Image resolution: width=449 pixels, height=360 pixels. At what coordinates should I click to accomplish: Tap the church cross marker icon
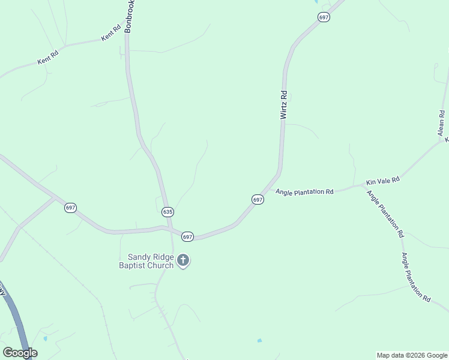(183, 261)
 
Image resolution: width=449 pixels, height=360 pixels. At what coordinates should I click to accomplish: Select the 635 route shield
(167, 212)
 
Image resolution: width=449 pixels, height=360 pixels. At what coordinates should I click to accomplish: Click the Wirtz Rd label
(284, 104)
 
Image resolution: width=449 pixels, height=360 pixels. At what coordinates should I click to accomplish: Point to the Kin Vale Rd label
(383, 179)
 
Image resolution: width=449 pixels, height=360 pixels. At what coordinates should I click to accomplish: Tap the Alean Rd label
(441, 122)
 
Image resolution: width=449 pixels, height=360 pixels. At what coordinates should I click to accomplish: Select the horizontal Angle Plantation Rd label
(304, 191)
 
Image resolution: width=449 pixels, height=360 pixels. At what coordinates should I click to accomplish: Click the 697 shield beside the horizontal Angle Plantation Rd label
(258, 199)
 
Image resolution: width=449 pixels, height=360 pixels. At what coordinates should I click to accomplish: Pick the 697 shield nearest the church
(187, 237)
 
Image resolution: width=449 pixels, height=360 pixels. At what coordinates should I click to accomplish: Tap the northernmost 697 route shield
(324, 17)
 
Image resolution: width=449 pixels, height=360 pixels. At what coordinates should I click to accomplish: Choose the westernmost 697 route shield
(70, 208)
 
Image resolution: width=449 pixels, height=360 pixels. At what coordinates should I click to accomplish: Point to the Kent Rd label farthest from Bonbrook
(48, 58)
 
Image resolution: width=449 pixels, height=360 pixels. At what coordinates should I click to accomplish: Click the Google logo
(20, 353)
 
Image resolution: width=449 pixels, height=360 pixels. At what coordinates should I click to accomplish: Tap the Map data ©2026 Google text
(412, 355)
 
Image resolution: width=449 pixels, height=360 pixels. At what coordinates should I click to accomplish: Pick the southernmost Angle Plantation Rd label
(416, 277)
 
